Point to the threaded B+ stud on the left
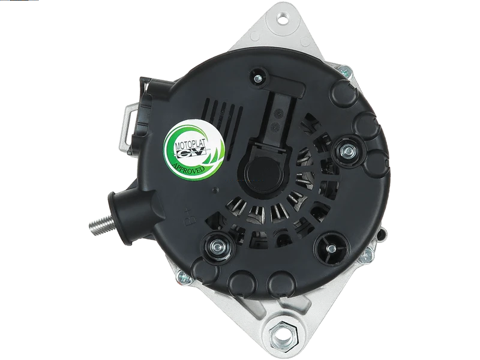(98, 227)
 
